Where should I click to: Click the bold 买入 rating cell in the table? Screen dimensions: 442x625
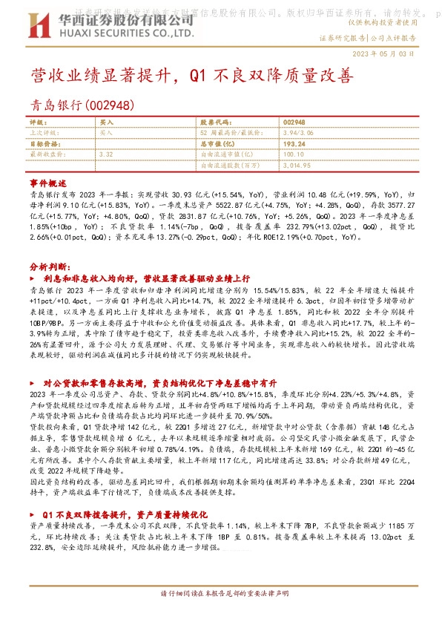(x=107, y=121)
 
